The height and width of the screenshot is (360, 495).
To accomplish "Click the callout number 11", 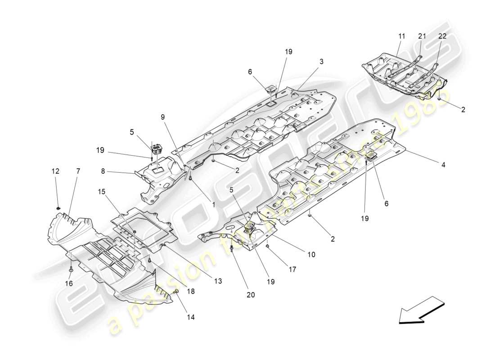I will pos(401,36).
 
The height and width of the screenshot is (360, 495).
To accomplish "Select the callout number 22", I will pos(442,36).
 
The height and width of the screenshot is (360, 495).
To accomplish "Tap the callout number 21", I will pos(422,36).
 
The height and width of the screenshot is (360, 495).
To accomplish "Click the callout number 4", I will pos(443,165).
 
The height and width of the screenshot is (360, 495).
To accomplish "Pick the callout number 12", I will pos(55,171).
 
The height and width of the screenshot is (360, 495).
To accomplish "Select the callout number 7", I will pos(78,171).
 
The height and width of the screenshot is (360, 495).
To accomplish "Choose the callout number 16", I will pos(68,283).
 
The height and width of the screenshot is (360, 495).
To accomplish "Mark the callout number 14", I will pos(191,317).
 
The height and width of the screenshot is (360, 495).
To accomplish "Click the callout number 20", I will pos(250,295).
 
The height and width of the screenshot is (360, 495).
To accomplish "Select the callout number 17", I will pos(292,270).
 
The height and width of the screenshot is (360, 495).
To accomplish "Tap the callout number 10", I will pos(311,255).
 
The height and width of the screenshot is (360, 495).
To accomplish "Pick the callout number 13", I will pos(218,281).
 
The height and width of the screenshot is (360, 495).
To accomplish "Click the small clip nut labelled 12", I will pos(59,208).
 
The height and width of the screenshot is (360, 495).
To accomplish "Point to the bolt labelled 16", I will pos(71,270).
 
